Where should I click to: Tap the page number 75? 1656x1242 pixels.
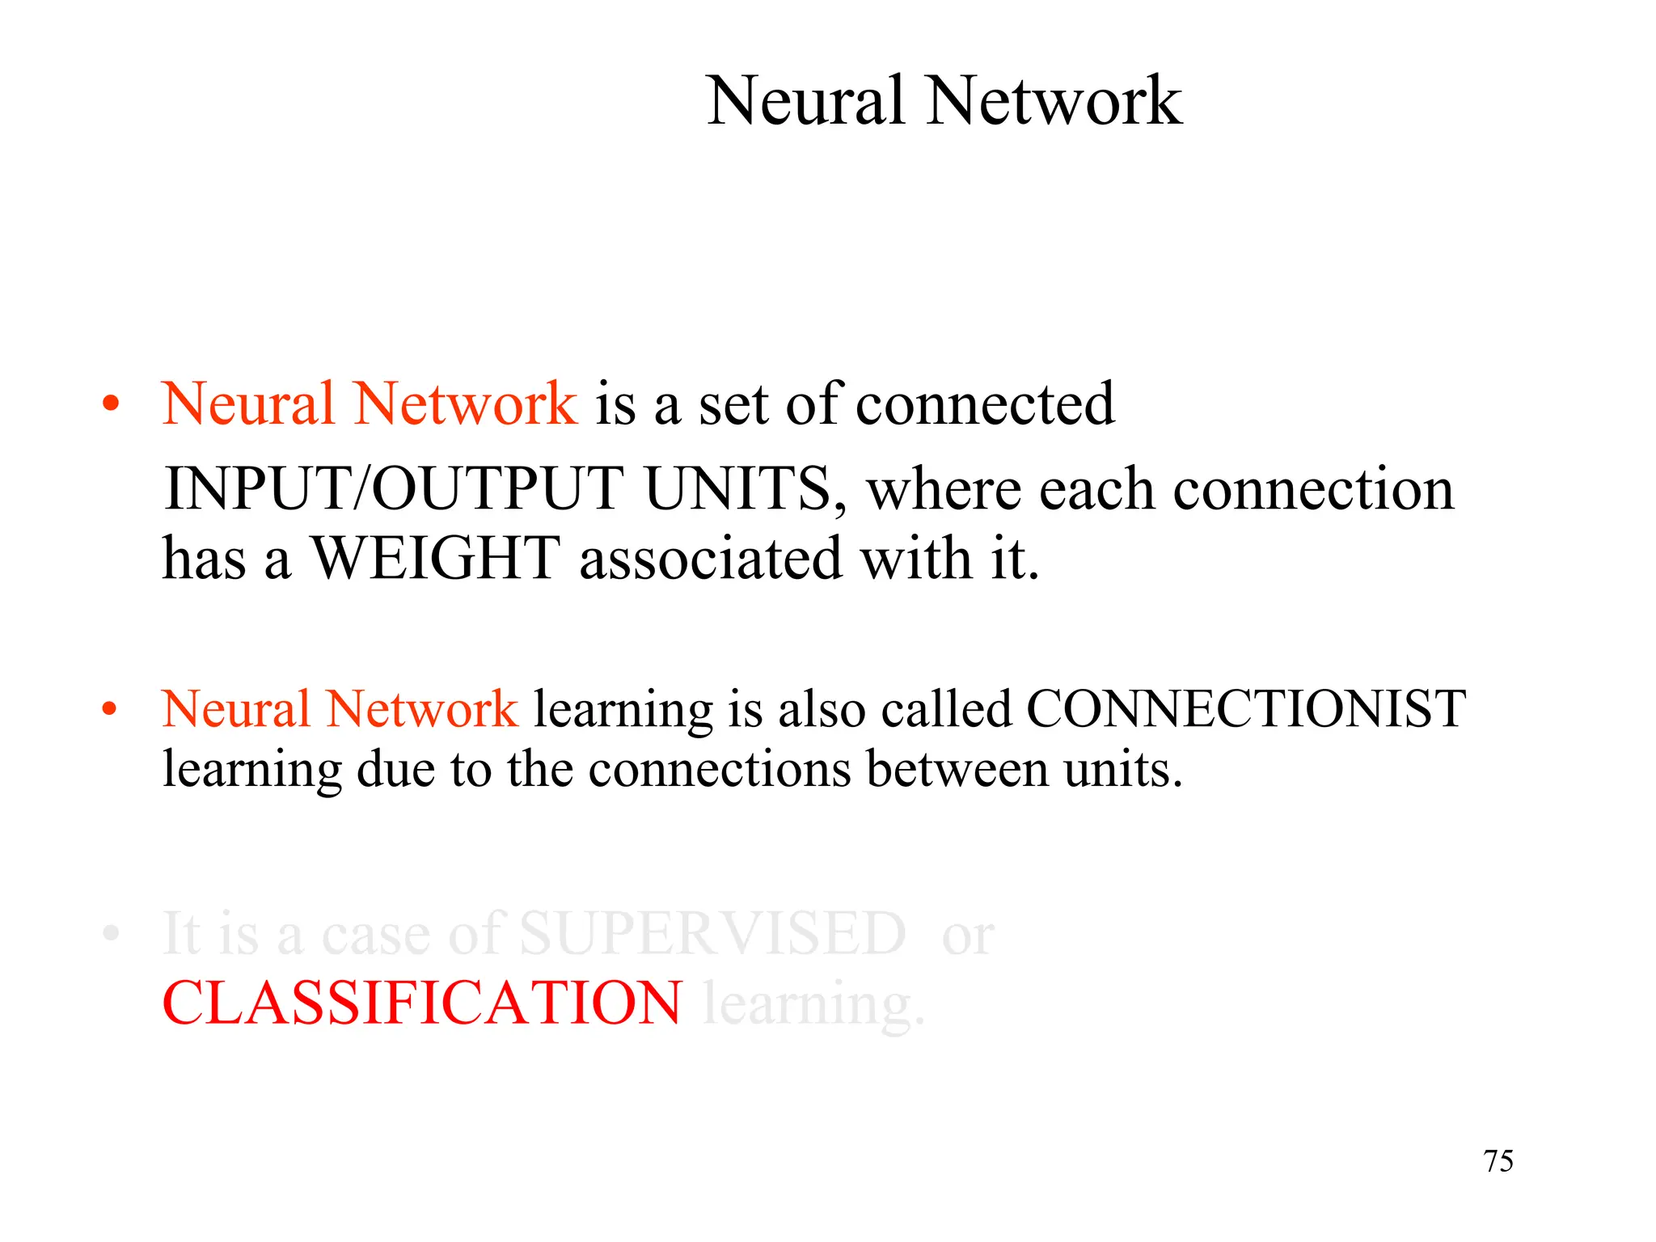click(1498, 1161)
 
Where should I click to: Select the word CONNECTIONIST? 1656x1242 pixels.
click(1246, 709)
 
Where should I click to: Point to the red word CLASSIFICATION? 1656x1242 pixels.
click(422, 1003)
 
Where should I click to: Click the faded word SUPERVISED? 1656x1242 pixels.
click(712, 934)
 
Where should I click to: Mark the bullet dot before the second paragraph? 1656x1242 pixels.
click(111, 709)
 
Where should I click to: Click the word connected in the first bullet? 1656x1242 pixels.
click(985, 403)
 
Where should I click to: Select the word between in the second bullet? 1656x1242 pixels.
click(957, 769)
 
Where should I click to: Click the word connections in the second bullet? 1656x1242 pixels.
click(720, 769)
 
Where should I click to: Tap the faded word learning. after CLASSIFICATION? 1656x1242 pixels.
click(813, 1005)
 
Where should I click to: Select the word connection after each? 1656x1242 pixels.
click(1313, 489)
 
